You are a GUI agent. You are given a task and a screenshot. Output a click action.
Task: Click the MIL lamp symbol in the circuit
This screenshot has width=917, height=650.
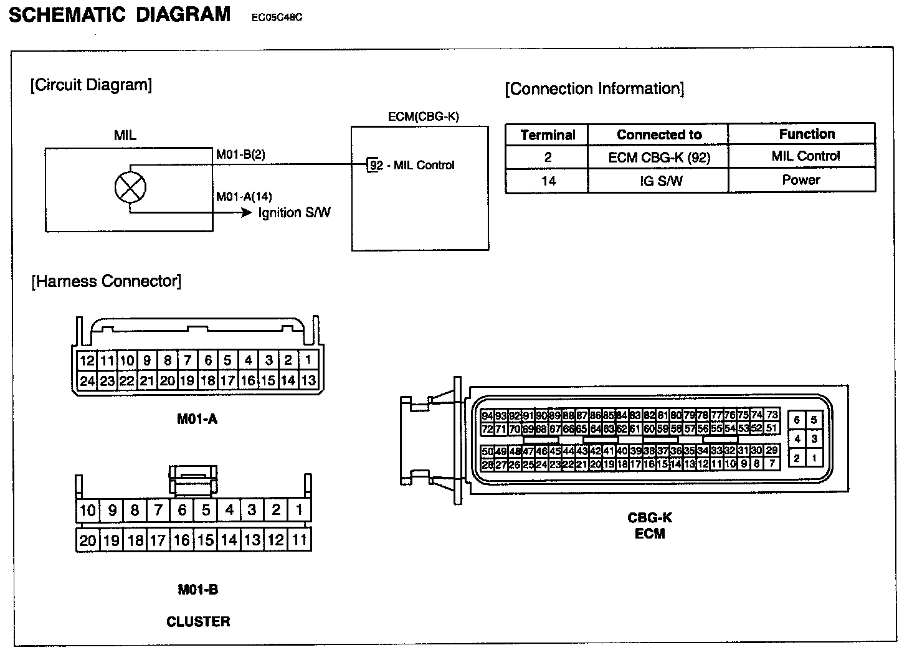pyautogui.click(x=130, y=187)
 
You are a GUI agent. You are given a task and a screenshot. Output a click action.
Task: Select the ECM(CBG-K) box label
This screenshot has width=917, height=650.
pyautogui.click(x=423, y=116)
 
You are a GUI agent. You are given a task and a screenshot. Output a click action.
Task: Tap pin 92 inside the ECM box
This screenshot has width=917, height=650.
pyautogui.click(x=376, y=166)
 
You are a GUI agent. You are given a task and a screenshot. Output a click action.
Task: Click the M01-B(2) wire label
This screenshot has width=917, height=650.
pyautogui.click(x=240, y=154)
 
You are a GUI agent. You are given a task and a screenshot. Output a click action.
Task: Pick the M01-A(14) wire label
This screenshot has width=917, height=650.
pyautogui.click(x=244, y=197)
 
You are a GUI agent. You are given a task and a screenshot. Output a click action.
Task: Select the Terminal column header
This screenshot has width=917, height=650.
pyautogui.click(x=548, y=134)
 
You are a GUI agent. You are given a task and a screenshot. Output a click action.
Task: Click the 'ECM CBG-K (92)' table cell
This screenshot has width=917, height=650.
pyautogui.click(x=658, y=158)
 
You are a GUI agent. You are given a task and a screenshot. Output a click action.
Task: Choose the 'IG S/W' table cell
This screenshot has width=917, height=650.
pyautogui.click(x=658, y=181)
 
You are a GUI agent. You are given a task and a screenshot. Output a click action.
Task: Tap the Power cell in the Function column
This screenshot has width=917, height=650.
pyautogui.click(x=801, y=180)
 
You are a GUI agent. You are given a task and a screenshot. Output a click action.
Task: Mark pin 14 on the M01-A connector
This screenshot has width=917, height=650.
pyautogui.click(x=288, y=380)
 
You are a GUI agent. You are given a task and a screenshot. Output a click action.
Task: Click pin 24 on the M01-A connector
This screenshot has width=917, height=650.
pyautogui.click(x=87, y=380)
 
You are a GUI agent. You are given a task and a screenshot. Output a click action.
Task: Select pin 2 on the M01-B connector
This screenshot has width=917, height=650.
pyautogui.click(x=276, y=510)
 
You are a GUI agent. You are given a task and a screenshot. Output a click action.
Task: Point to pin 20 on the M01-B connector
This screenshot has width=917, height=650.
pyautogui.click(x=87, y=540)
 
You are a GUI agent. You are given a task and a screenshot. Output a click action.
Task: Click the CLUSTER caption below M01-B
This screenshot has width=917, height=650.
pyautogui.click(x=198, y=621)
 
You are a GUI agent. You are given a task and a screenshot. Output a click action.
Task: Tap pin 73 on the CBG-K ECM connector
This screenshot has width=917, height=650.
pyautogui.click(x=772, y=415)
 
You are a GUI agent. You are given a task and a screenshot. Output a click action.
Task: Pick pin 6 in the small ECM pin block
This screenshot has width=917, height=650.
pyautogui.click(x=797, y=420)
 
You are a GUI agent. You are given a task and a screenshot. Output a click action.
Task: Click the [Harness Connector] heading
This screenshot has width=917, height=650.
pyautogui.click(x=107, y=281)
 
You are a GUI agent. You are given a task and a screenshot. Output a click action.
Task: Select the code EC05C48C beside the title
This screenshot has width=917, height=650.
pyautogui.click(x=277, y=17)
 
